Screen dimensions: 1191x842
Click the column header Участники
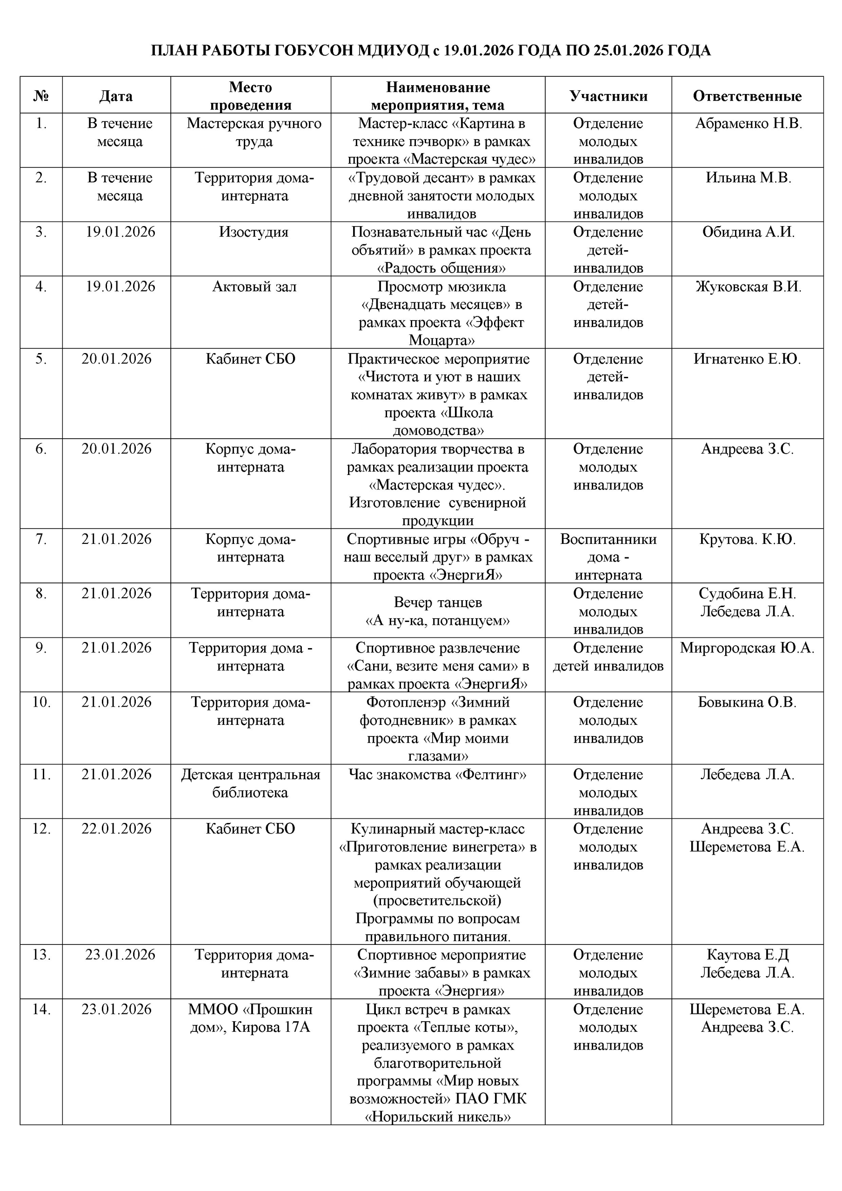608,96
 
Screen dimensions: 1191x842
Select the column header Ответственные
747,96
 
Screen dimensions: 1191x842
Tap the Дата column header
116,96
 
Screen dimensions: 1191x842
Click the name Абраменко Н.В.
748,123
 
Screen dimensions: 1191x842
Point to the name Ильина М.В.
748,178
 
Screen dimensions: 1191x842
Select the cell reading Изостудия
253,232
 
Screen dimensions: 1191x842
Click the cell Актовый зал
254,286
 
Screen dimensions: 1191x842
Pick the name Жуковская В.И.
748,286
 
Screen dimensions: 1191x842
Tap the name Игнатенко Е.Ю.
747,359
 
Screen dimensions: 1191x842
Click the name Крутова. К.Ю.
747,540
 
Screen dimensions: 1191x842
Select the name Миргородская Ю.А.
747,648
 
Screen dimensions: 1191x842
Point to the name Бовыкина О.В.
747,703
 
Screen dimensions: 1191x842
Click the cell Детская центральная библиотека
251,784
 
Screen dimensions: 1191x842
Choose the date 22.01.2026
116,829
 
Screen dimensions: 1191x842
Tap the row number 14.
41,1010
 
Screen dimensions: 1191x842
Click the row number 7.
41,540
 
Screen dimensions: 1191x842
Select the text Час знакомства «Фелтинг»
438,775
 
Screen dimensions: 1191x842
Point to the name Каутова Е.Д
747,955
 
